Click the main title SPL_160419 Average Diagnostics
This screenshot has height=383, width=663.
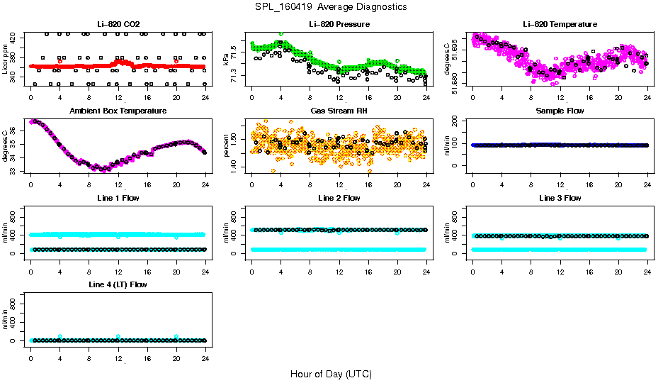click(331, 7)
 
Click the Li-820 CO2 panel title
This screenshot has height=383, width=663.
click(118, 25)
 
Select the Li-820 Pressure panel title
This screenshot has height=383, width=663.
click(339, 25)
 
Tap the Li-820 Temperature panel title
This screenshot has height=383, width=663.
click(560, 25)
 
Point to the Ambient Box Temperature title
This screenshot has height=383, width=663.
click(118, 111)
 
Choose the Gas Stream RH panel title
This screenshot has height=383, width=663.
click(339, 111)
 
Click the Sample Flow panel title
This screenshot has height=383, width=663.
click(560, 111)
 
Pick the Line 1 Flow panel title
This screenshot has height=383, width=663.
click(118, 199)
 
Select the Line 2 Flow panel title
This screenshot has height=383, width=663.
click(339, 199)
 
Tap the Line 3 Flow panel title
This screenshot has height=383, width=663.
click(560, 199)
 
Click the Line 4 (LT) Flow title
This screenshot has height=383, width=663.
click(118, 285)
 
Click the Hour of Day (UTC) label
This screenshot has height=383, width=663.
click(331, 374)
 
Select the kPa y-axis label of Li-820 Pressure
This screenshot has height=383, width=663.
click(227, 60)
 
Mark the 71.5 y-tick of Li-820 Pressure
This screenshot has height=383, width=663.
click(236, 49)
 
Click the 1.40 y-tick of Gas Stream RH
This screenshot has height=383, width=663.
click(236, 166)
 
